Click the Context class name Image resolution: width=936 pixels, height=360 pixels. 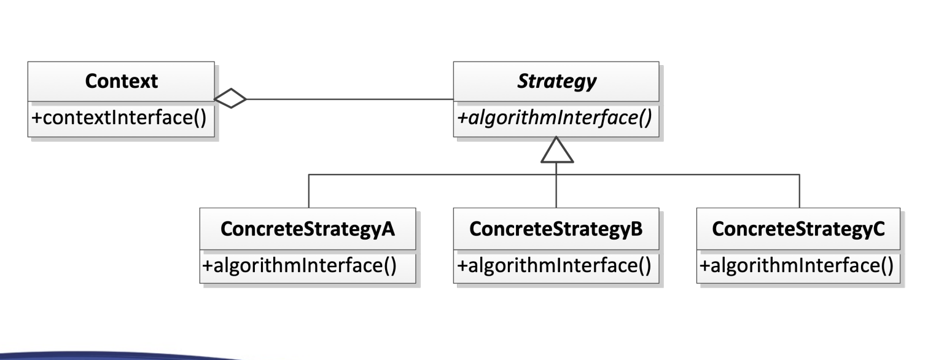tap(122, 81)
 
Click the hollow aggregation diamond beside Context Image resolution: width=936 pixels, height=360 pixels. tap(230, 98)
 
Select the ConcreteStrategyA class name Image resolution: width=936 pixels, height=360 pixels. tap(308, 229)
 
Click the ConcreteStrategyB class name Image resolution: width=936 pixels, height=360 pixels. tap(556, 229)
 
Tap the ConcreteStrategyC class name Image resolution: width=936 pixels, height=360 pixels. tap(798, 229)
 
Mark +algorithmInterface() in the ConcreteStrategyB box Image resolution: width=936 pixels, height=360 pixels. tap(553, 266)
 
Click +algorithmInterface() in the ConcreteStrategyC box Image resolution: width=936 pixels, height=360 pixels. tap(796, 266)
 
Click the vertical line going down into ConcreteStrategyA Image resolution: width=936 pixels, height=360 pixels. tap(308, 191)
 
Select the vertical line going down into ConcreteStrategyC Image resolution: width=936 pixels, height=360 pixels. tap(799, 191)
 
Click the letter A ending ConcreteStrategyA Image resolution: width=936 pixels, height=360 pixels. tap(388, 229)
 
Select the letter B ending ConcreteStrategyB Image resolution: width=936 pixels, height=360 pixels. tap(636, 229)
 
